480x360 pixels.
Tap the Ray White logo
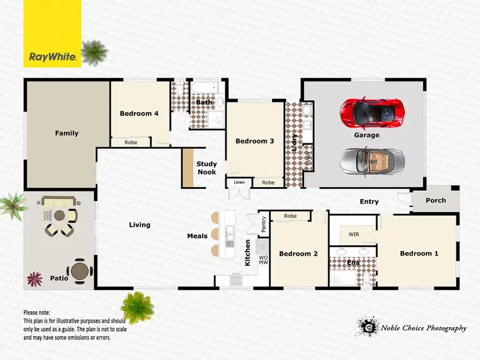point(53,57)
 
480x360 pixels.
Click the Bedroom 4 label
point(139,114)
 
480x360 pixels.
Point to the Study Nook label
point(207,168)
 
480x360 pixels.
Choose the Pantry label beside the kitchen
point(264,224)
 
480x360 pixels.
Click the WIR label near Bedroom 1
point(353,234)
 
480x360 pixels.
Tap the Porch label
point(436,200)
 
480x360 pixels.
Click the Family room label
point(67,133)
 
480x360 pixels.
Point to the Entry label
point(369,202)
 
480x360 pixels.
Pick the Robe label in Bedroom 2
point(290,217)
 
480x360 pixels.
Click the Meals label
point(197,236)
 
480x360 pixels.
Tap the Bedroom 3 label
point(255,141)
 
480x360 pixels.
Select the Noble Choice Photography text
point(423,329)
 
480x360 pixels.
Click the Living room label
point(140,225)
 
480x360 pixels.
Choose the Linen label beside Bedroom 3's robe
point(239,183)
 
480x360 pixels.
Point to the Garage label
point(367,135)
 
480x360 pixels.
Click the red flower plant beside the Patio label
point(34,279)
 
